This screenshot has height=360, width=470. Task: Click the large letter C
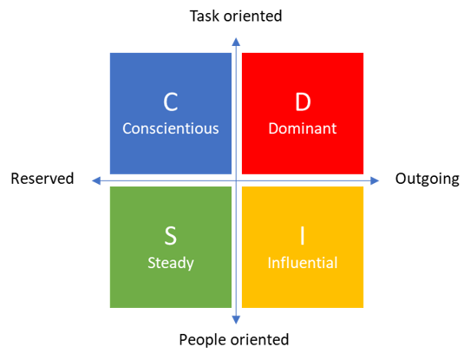[171, 102]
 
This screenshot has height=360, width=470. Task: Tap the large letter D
[303, 102]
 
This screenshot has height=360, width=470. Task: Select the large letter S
[171, 236]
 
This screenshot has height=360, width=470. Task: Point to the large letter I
[303, 236]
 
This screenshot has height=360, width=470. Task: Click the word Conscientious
[171, 128]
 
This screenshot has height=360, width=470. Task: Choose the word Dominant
[303, 128]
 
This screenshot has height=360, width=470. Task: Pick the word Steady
[171, 263]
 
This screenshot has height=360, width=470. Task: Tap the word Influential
[303, 263]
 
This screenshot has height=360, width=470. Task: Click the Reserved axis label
[42, 179]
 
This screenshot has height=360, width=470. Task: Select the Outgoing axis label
[428, 179]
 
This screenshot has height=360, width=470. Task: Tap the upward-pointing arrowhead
[236, 42]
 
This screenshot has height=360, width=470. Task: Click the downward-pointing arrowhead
[236, 320]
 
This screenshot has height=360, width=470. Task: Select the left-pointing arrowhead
[96, 180]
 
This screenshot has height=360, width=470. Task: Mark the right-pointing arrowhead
[375, 180]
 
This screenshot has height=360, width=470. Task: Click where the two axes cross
[236, 180]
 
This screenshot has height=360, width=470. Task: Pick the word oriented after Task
[253, 16]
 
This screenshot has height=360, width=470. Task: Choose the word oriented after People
[259, 340]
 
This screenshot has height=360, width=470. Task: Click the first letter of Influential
[269, 263]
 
